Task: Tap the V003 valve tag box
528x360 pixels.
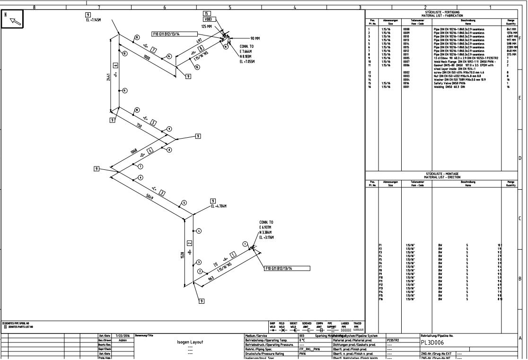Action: point(208,19)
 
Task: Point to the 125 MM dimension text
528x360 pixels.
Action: point(207,26)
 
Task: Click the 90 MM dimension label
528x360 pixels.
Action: point(255,38)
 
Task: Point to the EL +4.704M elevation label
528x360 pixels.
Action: point(218,206)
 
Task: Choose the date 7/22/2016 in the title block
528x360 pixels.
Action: point(122,336)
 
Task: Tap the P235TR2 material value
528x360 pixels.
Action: point(393,340)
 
